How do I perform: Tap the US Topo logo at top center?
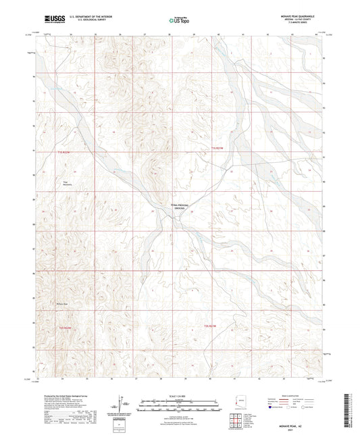(x=179, y=21)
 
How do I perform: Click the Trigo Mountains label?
(x=66, y=183)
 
